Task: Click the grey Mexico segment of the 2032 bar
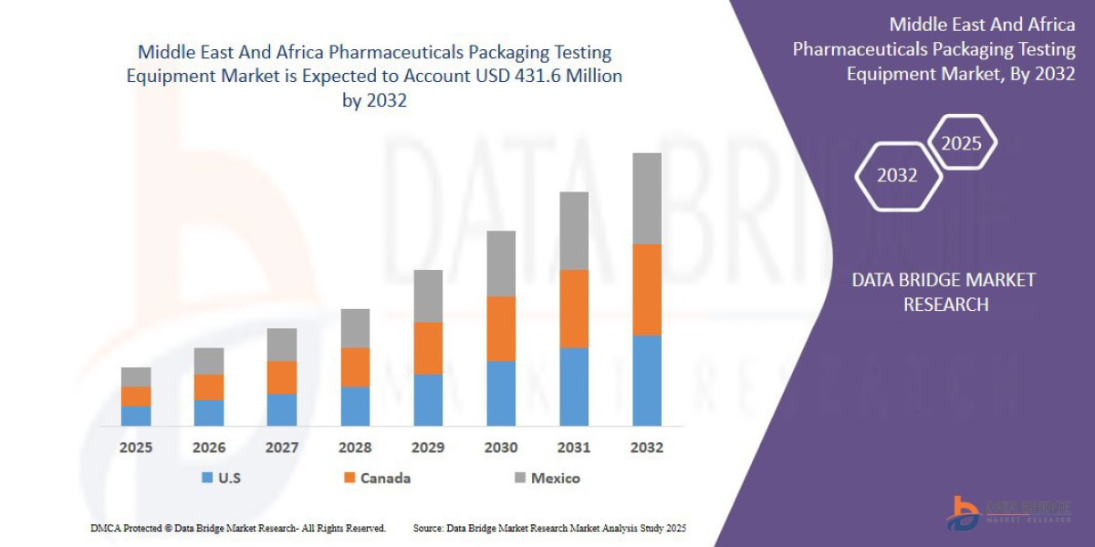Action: (x=647, y=198)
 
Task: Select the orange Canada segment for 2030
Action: (x=501, y=328)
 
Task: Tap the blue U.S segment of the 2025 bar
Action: (x=136, y=416)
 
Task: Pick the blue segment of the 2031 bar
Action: (x=574, y=387)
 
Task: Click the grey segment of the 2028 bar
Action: (x=355, y=327)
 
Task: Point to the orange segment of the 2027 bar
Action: (x=282, y=377)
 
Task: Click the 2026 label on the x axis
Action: (x=209, y=448)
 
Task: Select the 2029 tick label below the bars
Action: (x=428, y=448)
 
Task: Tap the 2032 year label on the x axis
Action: (x=647, y=448)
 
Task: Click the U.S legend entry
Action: (x=221, y=478)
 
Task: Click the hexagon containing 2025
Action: (x=961, y=142)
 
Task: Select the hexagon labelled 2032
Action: (x=898, y=175)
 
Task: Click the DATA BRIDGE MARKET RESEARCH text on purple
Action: (x=944, y=292)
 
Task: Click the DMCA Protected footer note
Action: (x=238, y=528)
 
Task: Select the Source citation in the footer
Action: (x=549, y=528)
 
